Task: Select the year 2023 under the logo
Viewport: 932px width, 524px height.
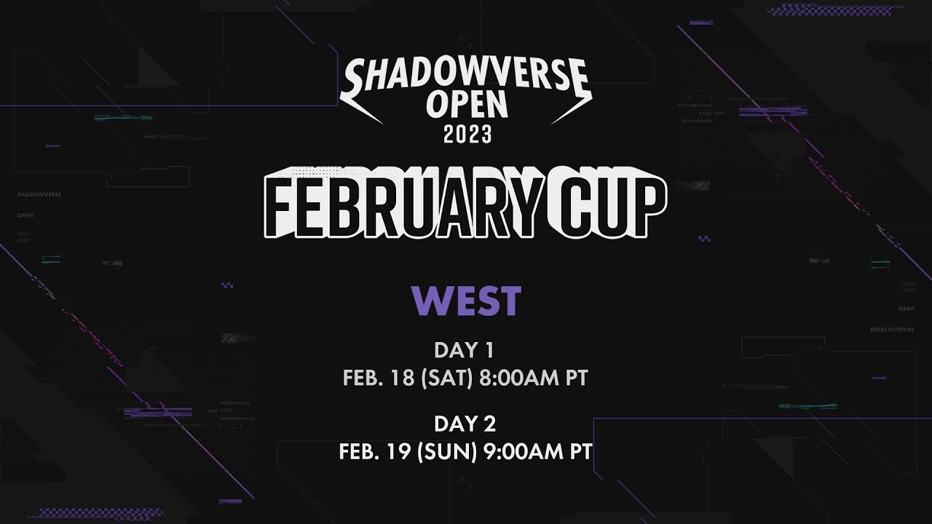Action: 466,135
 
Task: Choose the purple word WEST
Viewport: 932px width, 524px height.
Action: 466,301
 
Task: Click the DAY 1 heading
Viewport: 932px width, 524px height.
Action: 465,350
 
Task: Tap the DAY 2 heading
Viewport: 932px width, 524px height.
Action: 465,424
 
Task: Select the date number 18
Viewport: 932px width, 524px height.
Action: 403,378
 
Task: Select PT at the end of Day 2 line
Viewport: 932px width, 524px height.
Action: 579,452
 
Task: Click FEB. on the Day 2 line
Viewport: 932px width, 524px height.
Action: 358,452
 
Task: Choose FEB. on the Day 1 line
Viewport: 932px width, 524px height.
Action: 362,378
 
